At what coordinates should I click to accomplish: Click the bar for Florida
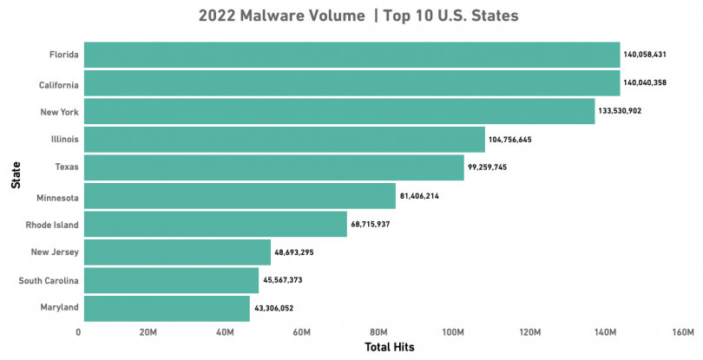tap(351, 55)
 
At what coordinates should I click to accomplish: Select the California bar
tap(351, 83)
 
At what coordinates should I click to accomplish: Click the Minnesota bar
tap(240, 196)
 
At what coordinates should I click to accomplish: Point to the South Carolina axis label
tap(49, 280)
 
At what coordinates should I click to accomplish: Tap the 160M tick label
tap(682, 333)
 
